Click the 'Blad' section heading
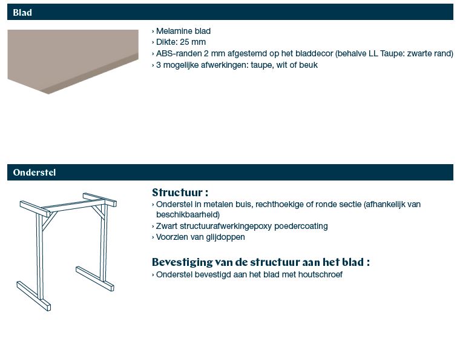pyautogui.click(x=22, y=13)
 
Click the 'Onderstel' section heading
pyautogui.click(x=34, y=173)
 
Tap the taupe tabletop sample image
pyautogui.click(x=73, y=62)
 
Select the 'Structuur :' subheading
pyautogui.click(x=180, y=193)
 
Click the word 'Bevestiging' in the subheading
pyautogui.click(x=182, y=262)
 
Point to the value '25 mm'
pyautogui.click(x=193, y=42)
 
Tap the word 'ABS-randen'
pyautogui.click(x=179, y=54)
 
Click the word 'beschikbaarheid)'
pyautogui.click(x=188, y=214)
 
